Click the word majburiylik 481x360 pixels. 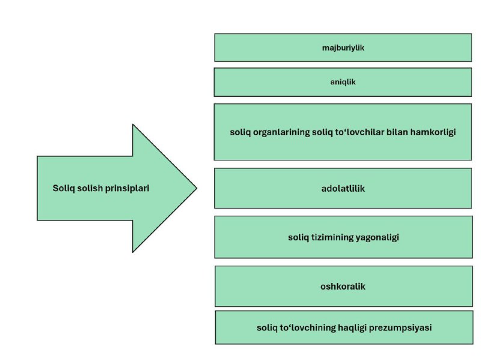click(x=343, y=48)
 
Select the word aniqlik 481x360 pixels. click(x=343, y=82)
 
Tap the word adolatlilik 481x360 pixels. click(x=343, y=188)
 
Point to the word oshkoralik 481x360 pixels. click(x=343, y=287)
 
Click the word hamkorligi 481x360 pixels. click(x=433, y=132)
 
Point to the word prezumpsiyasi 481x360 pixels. click(x=400, y=328)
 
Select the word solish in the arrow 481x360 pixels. click(x=90, y=188)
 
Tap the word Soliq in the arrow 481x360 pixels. click(x=64, y=188)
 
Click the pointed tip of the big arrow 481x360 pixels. click(x=197, y=188)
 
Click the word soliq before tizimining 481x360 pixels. click(x=298, y=237)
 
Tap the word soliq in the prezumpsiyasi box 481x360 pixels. click(x=267, y=328)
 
